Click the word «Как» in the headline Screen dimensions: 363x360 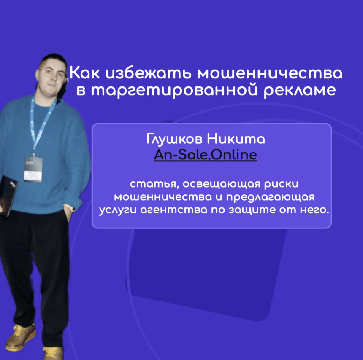(84, 73)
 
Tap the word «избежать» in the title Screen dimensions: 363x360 (148, 73)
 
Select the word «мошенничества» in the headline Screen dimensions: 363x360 (270, 73)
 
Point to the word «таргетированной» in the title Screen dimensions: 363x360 (174, 90)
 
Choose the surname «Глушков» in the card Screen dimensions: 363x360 (175, 140)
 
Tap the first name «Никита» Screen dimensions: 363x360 (236, 139)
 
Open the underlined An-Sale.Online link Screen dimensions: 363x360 (206, 155)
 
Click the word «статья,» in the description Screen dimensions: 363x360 (154, 184)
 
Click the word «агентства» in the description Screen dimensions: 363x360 (174, 210)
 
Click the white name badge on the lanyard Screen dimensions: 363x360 (33, 169)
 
